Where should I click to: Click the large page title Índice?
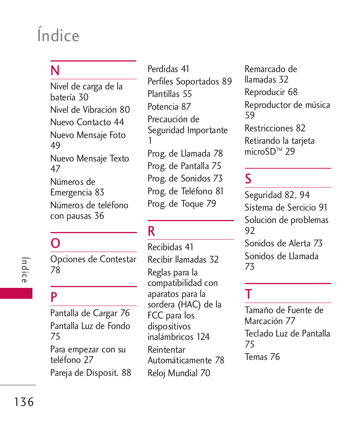(58, 35)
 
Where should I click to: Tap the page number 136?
(25, 402)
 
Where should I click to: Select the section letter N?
(55, 71)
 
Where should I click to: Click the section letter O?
(55, 243)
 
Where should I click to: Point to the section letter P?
(54, 297)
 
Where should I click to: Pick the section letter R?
(151, 231)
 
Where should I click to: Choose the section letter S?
(248, 179)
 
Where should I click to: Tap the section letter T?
(248, 294)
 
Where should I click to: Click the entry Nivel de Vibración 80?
(90, 110)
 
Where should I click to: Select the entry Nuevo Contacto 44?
(87, 122)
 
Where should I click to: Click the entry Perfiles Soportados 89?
(189, 81)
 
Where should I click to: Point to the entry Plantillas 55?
(169, 94)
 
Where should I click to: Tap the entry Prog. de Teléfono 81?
(185, 191)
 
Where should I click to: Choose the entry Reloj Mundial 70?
(178, 373)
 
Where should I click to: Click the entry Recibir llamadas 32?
(183, 260)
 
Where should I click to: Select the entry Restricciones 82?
(275, 128)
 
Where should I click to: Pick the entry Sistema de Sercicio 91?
(286, 208)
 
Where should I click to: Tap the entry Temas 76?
(262, 357)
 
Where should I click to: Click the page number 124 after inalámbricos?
(203, 337)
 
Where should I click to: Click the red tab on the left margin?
(16, 293)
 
